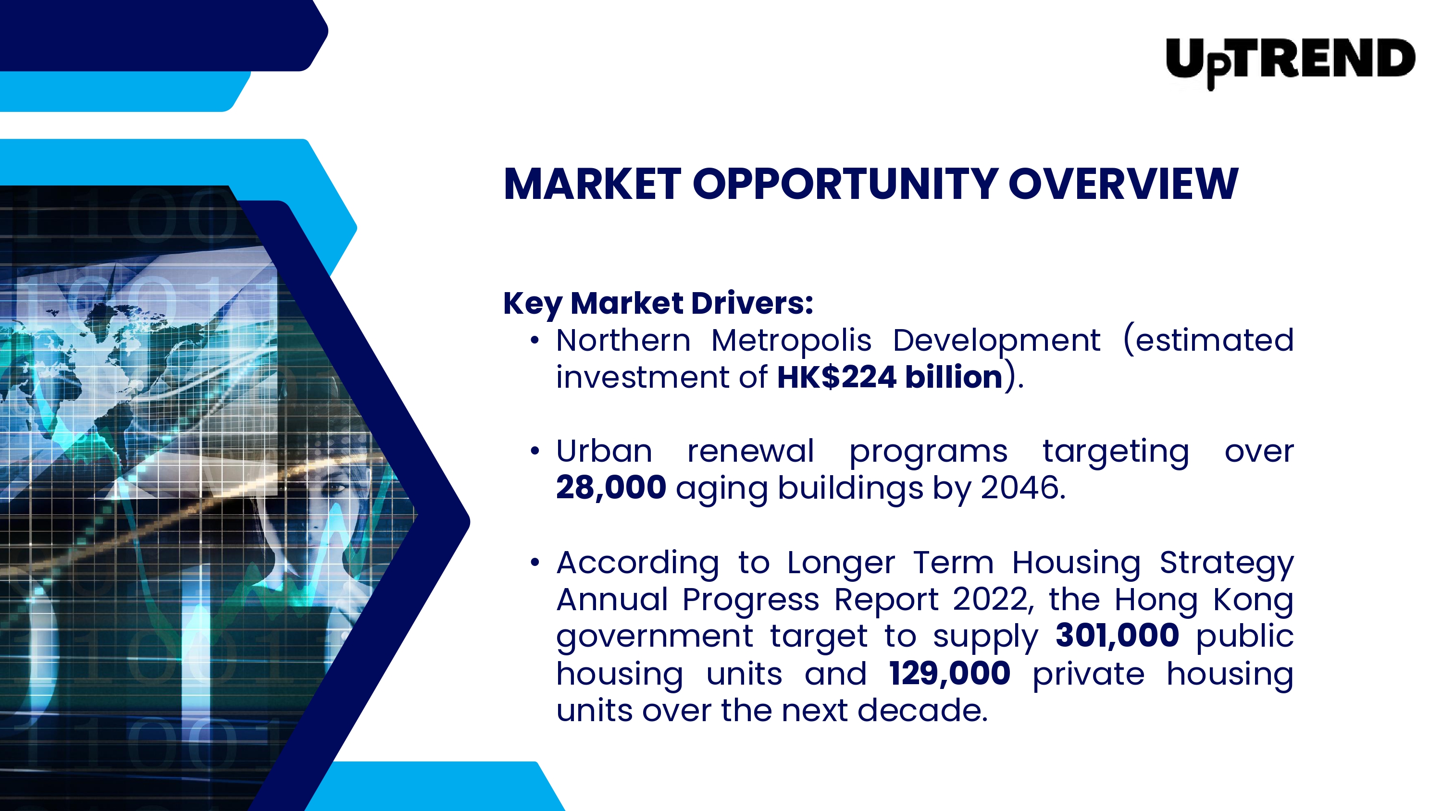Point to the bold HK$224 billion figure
tap(890, 377)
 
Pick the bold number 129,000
tap(949, 673)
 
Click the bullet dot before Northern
tap(535, 340)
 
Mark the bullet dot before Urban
tap(535, 451)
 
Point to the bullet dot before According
tap(535, 563)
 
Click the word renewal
tap(751, 451)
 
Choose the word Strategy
tap(1227, 564)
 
